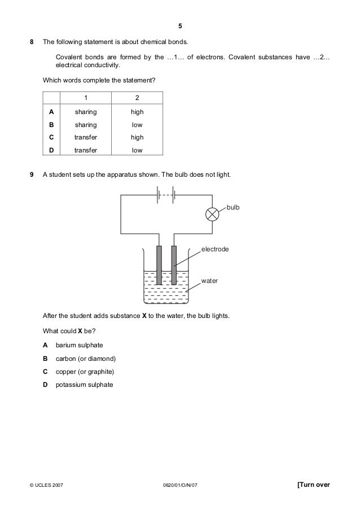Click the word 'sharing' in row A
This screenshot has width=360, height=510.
[x=86, y=112]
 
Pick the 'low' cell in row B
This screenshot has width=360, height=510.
[x=137, y=125]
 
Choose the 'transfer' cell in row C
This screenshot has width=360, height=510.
[x=86, y=137]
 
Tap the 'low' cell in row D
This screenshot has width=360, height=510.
[x=137, y=150]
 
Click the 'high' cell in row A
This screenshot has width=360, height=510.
[x=137, y=112]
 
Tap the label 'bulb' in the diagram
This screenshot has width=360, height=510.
[x=233, y=208]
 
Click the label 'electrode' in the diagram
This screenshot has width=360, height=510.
[x=214, y=248]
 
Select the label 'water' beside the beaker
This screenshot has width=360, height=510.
[x=209, y=280]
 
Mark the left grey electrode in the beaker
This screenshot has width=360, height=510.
[x=159, y=265]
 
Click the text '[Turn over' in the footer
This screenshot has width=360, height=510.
[x=313, y=484]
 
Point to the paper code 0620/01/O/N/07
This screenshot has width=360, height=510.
[x=180, y=485]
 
